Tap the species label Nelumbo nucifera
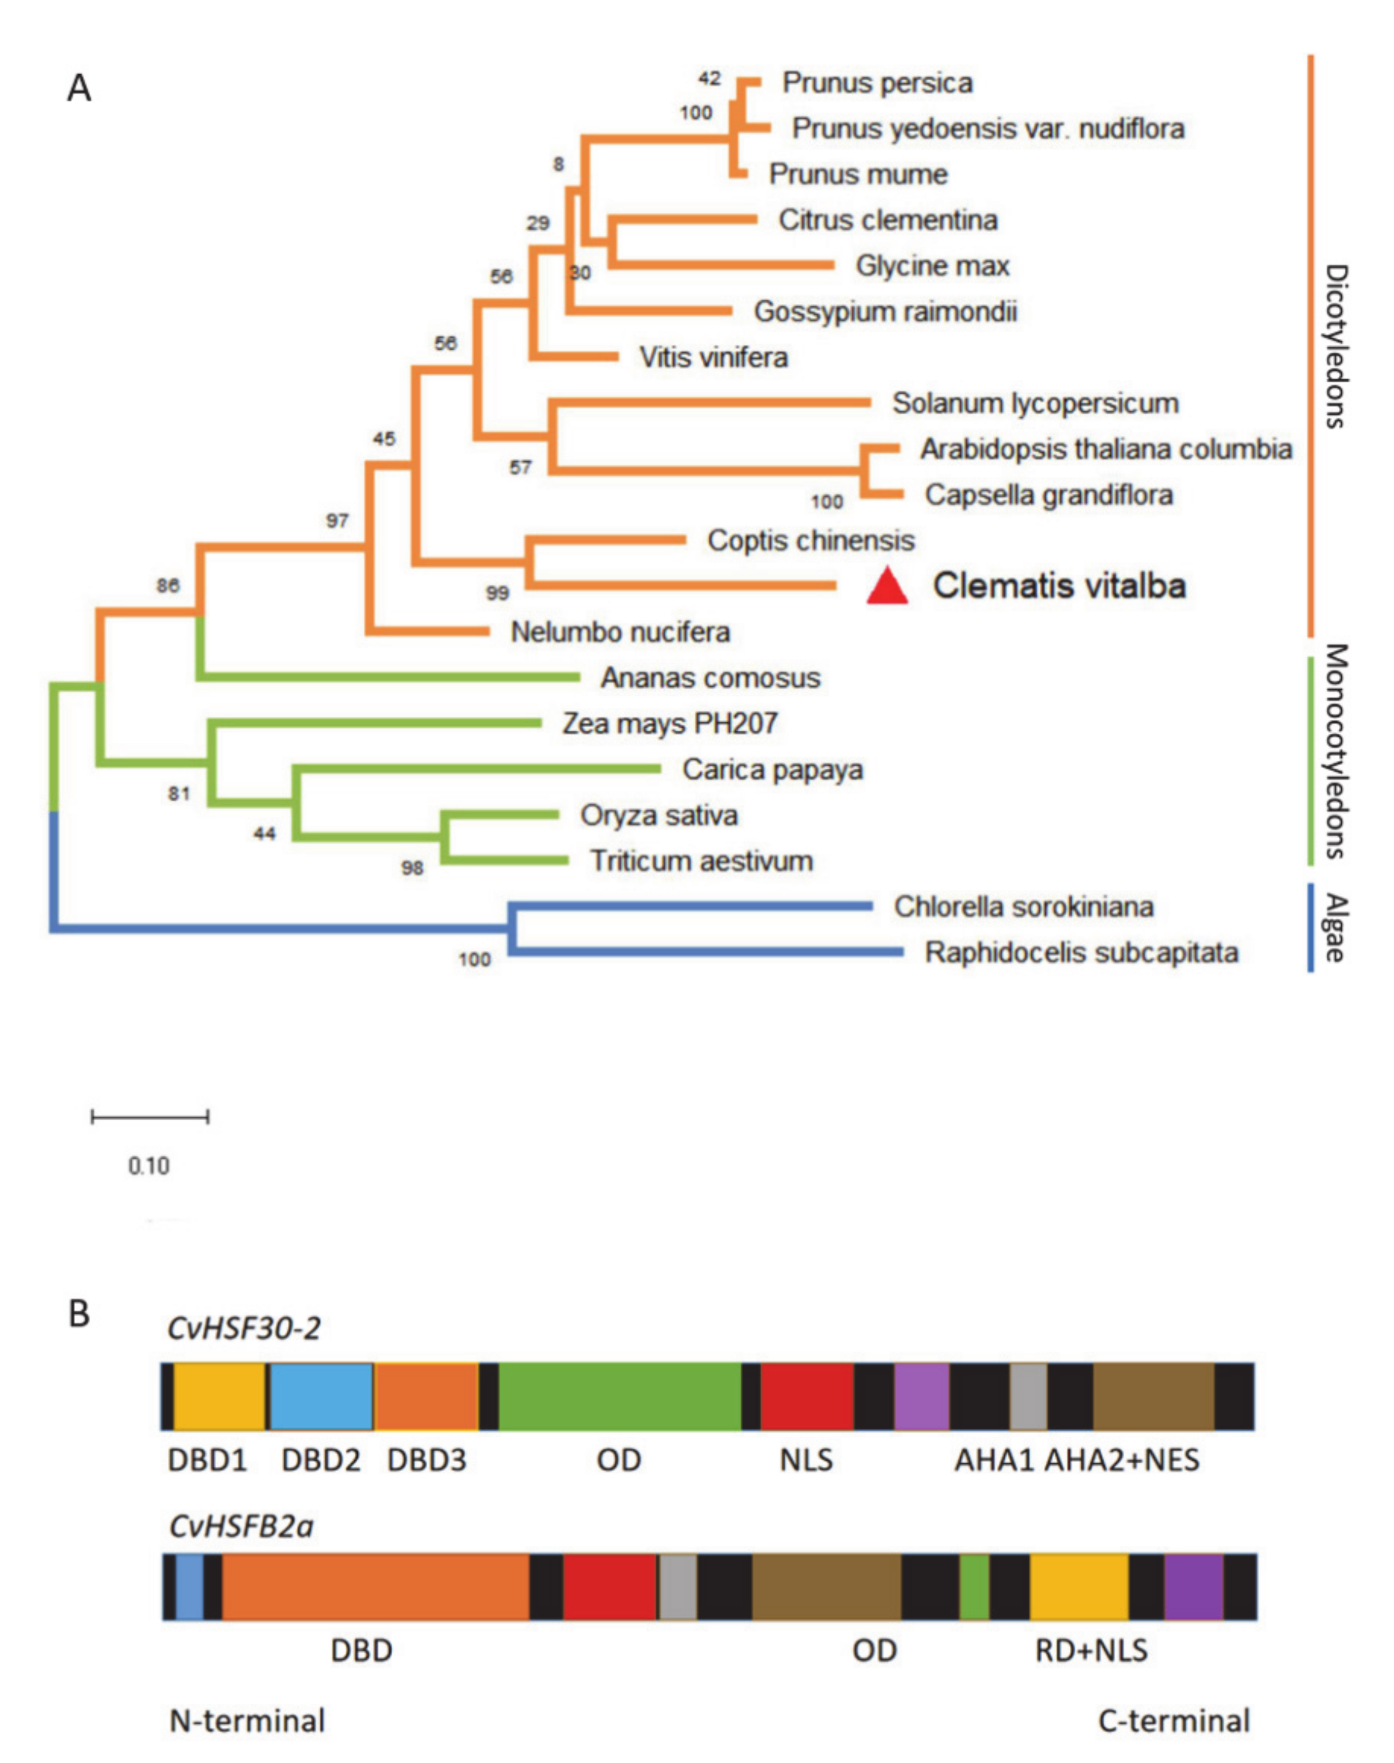620,632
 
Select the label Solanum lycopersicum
1035,403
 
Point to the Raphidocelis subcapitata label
1081,953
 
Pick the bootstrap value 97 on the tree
337,521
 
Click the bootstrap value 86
167,585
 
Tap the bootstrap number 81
179,793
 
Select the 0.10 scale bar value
148,1166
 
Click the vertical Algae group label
1335,928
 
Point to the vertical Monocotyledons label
1335,751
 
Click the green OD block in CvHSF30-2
620,1397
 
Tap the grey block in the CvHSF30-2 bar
1028,1397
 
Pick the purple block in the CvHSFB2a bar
1193,1587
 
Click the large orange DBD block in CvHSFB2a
376,1587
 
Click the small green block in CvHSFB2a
974,1587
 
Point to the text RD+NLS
1091,1650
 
